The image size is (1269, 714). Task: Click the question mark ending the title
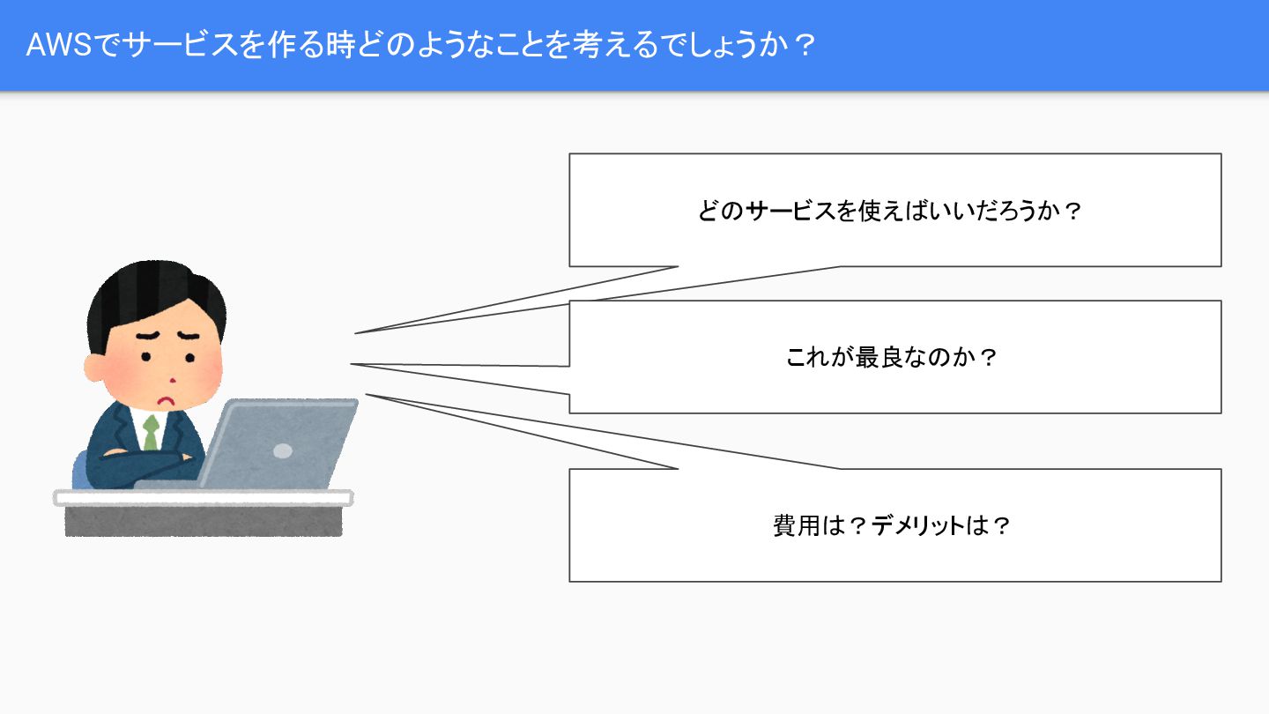(800, 45)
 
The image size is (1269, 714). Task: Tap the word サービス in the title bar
(180, 45)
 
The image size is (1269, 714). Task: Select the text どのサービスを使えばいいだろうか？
(888, 212)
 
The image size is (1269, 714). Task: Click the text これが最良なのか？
(891, 358)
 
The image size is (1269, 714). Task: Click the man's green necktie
(152, 432)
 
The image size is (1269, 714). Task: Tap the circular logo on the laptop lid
(282, 450)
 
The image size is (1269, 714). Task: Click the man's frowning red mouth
(164, 398)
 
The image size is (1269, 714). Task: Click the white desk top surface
(203, 498)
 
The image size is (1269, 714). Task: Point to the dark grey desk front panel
(203, 521)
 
